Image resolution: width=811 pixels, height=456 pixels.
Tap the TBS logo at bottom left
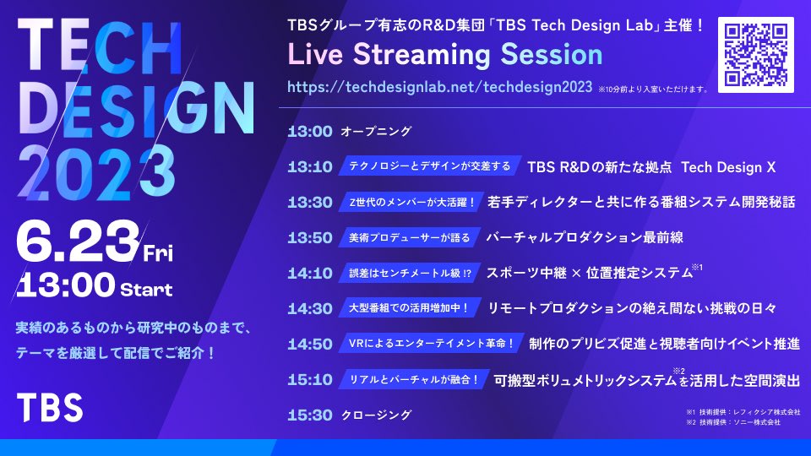pos(50,408)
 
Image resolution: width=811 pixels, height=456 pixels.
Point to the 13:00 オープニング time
pos(309,132)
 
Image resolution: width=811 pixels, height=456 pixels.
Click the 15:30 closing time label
pos(309,415)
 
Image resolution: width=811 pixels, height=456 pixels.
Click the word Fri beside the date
pos(158,252)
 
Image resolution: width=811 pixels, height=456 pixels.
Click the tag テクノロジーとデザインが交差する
pos(429,166)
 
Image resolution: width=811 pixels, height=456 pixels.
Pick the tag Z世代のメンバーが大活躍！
pos(411,203)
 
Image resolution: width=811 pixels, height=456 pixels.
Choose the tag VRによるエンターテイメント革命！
pos(431,344)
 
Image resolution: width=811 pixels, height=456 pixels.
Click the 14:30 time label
pos(309,309)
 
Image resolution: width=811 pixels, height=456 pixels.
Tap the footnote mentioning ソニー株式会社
pos(733,423)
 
